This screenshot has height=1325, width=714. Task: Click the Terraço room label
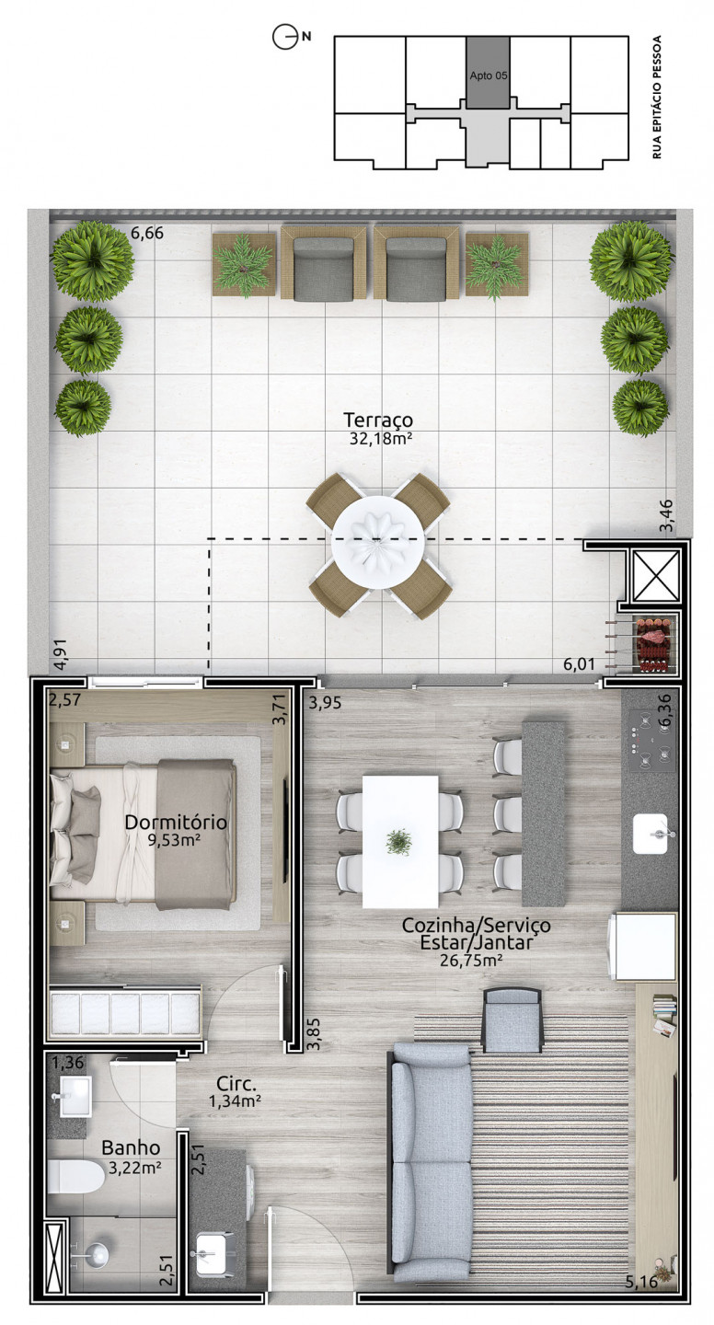coord(378,420)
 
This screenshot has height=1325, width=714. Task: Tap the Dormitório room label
coord(176,822)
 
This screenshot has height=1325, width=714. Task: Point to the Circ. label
coord(236,1084)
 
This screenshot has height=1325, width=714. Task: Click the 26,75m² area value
coord(471,960)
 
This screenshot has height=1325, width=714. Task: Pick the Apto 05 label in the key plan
coord(488,75)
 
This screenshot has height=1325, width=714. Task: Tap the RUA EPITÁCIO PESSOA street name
coord(657,97)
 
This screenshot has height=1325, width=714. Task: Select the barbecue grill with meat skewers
coord(655,643)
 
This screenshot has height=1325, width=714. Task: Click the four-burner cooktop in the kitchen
coord(651,741)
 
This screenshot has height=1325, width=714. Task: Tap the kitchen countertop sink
coord(651,833)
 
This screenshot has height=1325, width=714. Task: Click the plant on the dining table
coord(399,842)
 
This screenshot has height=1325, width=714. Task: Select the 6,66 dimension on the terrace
coord(146,233)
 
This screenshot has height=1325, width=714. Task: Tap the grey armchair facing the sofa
coord(512,1020)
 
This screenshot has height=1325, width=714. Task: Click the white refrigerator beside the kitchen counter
coord(643,946)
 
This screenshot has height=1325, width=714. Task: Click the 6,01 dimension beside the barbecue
coord(579,663)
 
